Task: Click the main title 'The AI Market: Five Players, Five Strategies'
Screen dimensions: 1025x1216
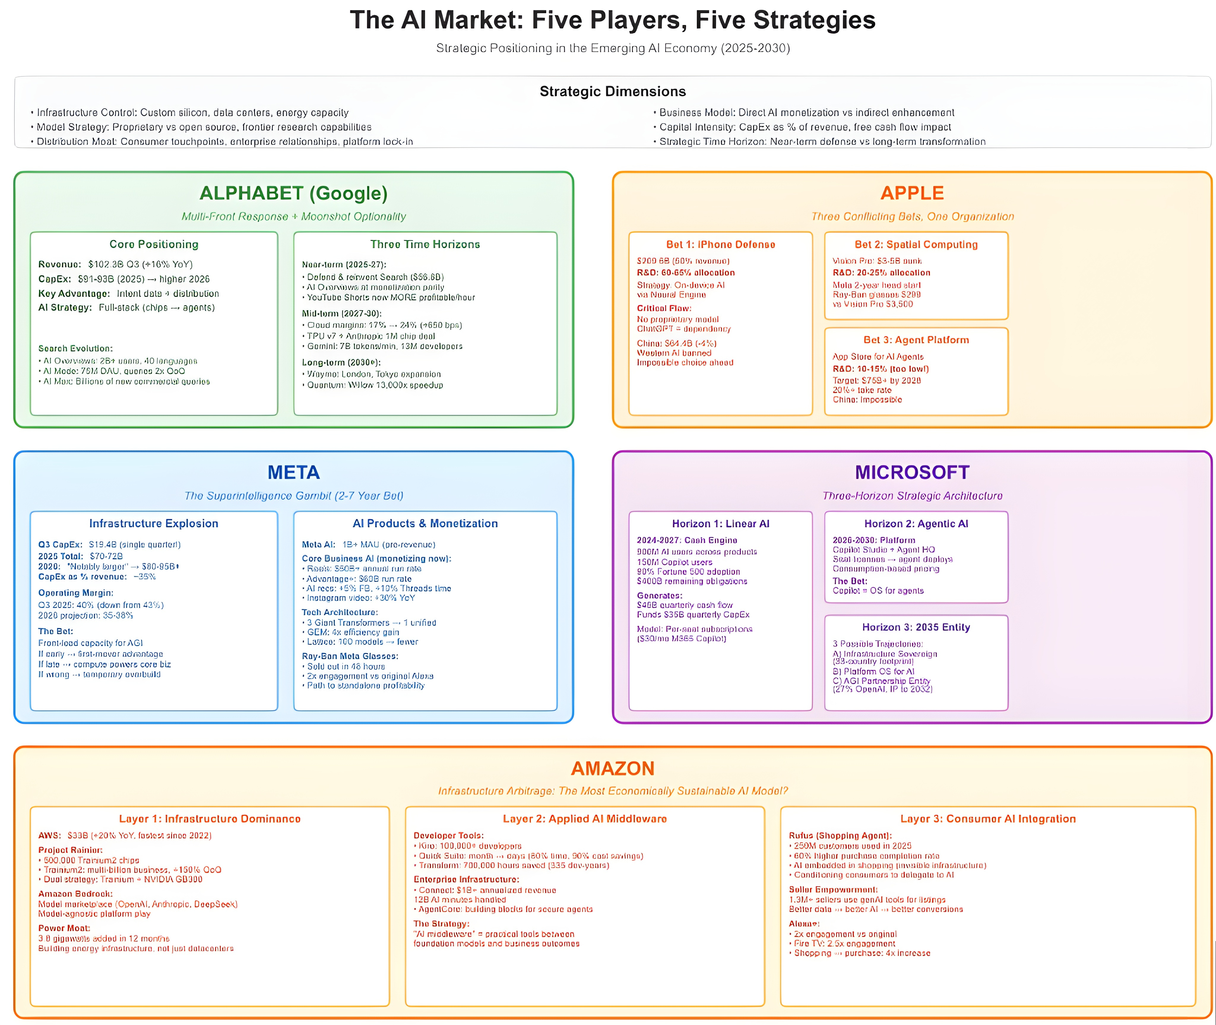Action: point(612,20)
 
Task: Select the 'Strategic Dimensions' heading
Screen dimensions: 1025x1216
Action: point(612,91)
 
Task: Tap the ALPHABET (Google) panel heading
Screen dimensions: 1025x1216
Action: point(293,193)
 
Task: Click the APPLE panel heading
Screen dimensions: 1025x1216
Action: point(912,193)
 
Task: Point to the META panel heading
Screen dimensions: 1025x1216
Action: point(293,472)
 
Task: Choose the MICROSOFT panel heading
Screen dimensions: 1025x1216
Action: point(912,472)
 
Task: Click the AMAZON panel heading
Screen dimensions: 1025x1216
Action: point(612,768)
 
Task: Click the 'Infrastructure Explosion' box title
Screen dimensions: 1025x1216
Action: point(154,523)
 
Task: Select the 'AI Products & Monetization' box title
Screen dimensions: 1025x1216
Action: point(425,523)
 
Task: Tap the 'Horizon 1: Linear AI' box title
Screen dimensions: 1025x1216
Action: point(721,523)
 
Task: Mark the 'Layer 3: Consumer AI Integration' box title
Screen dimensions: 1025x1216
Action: point(988,819)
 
